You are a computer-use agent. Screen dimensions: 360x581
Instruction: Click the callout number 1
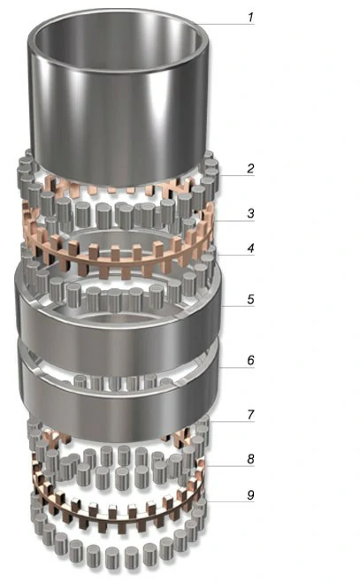(250, 17)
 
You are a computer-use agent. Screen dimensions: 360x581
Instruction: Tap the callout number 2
(250, 168)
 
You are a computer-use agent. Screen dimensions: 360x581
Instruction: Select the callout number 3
(250, 213)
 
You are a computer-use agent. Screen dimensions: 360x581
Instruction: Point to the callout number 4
(250, 248)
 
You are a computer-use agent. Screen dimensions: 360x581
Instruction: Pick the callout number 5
(250, 300)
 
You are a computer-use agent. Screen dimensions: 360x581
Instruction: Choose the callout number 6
(250, 360)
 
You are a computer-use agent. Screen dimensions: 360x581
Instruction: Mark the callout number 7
(250, 415)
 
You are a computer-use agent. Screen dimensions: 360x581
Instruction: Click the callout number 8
(250, 459)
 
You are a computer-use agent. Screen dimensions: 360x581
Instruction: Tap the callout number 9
(250, 495)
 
